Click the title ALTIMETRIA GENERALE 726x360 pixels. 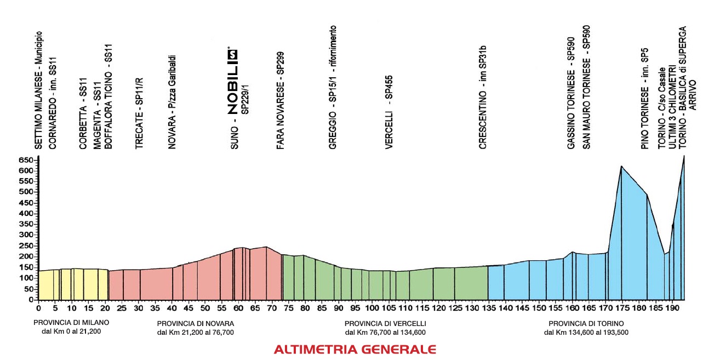(x=355, y=349)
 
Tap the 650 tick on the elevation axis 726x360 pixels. (x=26, y=160)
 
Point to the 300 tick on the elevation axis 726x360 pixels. (x=26, y=235)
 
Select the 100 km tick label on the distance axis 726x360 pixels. (x=372, y=308)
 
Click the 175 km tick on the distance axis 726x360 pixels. (x=621, y=308)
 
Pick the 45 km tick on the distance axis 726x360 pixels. (x=188, y=308)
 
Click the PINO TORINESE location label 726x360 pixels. (x=645, y=98)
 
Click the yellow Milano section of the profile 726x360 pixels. (x=74, y=285)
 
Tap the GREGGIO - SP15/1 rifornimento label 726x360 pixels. (x=333, y=88)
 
